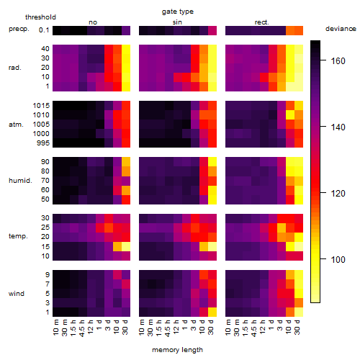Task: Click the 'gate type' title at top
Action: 178,12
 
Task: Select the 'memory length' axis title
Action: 177,350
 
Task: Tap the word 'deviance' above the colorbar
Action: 341,29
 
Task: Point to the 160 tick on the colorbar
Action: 323,60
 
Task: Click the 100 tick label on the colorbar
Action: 338,259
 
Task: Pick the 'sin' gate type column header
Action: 177,22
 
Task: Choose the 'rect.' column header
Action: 261,22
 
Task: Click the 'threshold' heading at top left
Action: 40,17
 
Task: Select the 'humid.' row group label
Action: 20,180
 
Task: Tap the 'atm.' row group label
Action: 16,125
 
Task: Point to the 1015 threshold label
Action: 41,105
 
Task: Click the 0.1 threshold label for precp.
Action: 44,30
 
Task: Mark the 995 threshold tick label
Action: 43,143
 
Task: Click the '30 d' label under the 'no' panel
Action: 125,327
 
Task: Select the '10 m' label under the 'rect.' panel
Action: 228,327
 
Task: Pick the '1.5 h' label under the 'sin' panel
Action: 159,328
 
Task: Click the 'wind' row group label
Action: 17,294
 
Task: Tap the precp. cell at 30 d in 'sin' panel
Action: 212,30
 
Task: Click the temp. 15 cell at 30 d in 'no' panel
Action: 126,246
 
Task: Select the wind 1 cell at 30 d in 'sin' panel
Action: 212,312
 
